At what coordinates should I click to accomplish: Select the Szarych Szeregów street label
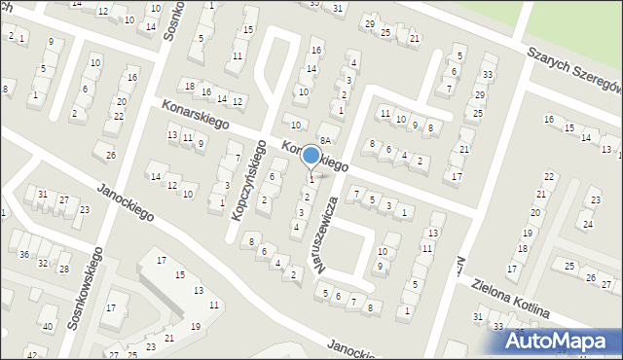click(571, 70)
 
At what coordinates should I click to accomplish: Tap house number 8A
click(328, 140)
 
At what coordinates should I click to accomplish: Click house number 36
click(23, 254)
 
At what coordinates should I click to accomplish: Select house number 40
click(46, 325)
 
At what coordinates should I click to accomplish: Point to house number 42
click(30, 352)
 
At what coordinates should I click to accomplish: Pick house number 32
click(43, 263)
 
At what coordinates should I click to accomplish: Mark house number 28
click(64, 269)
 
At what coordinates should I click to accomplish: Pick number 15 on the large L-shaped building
click(179, 275)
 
